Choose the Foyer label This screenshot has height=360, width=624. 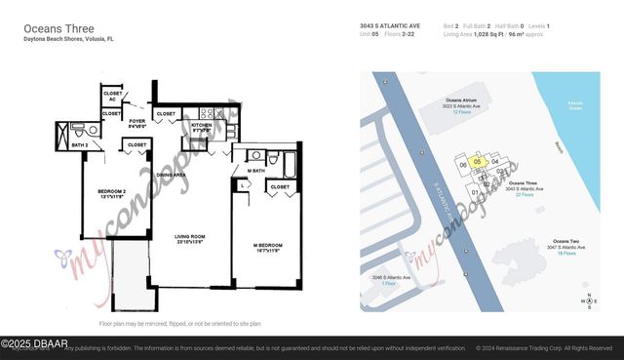137,123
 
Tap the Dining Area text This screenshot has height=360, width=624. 172,175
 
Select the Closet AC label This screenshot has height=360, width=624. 112,97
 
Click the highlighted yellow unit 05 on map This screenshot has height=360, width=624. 477,161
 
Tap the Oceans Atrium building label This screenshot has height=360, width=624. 461,103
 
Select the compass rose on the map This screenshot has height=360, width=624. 588,300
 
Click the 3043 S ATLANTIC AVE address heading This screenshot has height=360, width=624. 389,26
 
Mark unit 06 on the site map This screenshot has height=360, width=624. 463,165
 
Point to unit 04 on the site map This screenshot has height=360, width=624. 495,161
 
